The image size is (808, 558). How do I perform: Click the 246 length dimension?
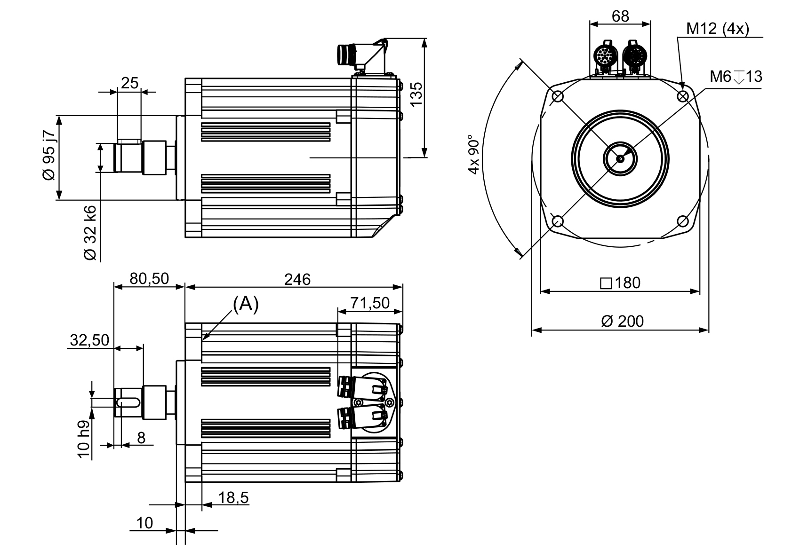(x=297, y=280)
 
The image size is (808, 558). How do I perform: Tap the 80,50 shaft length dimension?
(x=149, y=279)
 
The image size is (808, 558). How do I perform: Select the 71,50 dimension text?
(x=370, y=303)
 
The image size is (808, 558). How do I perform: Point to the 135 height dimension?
(x=416, y=94)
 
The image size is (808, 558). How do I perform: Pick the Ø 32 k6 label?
(x=90, y=232)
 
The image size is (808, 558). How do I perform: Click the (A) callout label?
(x=246, y=305)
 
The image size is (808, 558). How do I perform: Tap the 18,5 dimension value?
(x=233, y=497)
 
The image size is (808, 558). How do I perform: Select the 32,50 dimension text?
(x=89, y=340)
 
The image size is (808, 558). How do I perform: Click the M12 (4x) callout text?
(x=717, y=29)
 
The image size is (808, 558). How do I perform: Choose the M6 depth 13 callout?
(x=736, y=77)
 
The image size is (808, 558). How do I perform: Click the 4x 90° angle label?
(x=474, y=155)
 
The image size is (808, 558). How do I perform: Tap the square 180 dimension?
(x=620, y=283)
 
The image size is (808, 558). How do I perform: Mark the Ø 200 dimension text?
(x=622, y=322)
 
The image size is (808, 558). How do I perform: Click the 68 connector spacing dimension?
(x=620, y=16)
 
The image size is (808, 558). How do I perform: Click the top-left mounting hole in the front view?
(x=558, y=96)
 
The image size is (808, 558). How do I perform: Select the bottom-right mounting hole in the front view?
(x=683, y=221)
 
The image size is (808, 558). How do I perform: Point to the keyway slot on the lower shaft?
(x=127, y=402)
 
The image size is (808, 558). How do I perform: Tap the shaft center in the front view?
(x=620, y=158)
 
